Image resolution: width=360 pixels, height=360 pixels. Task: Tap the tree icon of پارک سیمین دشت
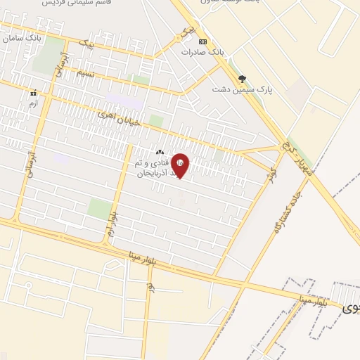(x=243, y=79)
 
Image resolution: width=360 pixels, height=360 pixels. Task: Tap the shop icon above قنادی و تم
(x=160, y=152)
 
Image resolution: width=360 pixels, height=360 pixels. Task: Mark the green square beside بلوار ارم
(x=99, y=208)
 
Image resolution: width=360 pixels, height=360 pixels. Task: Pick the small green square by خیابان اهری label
(x=156, y=121)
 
